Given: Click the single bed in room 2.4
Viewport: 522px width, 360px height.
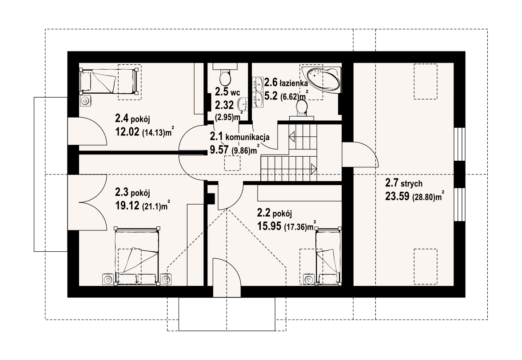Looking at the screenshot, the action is [108, 80].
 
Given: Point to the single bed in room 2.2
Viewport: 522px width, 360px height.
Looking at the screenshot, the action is [328, 256].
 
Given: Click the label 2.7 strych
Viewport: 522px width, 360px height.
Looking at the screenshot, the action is [404, 183].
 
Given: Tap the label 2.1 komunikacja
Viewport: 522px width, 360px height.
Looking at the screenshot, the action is [239, 136].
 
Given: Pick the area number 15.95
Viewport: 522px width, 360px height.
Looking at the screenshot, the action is [269, 226].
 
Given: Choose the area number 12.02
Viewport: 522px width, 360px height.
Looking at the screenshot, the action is [128, 132].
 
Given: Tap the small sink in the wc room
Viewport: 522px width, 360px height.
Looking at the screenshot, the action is [243, 104].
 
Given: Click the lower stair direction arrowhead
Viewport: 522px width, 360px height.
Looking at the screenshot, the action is [314, 169].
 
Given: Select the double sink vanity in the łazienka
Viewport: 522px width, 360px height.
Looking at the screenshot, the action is [258, 92].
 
